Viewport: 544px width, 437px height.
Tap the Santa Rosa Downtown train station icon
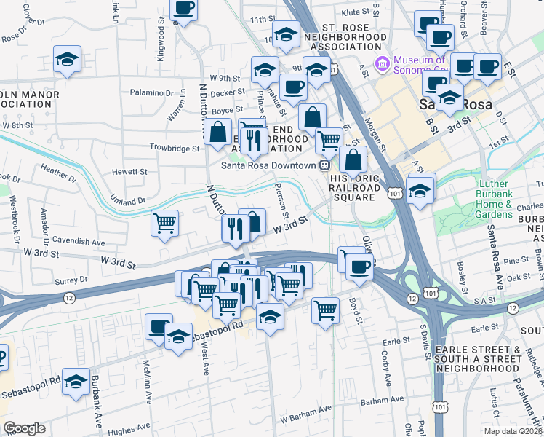[324, 165]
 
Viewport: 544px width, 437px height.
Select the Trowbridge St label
[174, 148]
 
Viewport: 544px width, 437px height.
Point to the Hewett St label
[129, 172]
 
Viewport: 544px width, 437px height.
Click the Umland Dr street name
[129, 200]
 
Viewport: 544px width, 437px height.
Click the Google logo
[24, 428]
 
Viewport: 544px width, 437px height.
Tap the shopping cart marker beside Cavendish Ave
[165, 223]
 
